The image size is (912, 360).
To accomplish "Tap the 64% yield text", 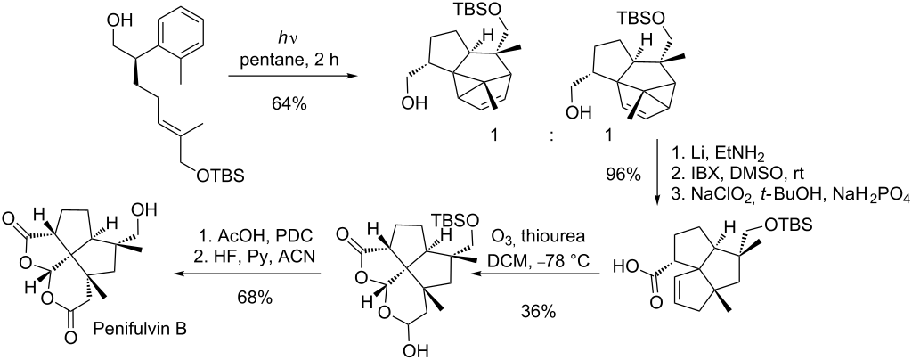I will pos(289,104).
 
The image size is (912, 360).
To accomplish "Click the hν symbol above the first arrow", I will pos(289,38).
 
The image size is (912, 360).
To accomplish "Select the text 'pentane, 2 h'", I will pos(289,61).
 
